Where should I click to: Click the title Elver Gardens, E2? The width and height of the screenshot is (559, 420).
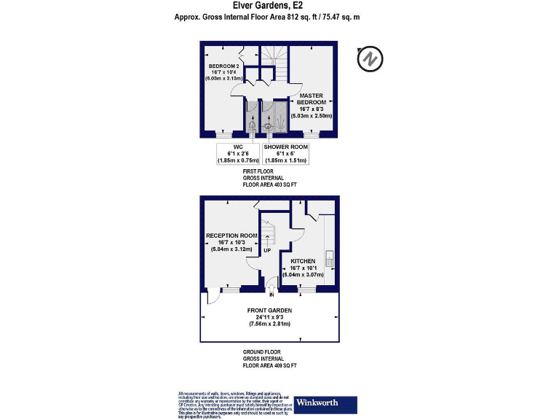[x=269, y=6]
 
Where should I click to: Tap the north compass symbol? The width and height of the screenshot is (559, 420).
[x=370, y=58]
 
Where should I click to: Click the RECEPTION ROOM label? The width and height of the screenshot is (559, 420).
[x=231, y=242]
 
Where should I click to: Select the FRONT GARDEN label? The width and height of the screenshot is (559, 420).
[x=269, y=316]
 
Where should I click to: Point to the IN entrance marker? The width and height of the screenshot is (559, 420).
[x=271, y=295]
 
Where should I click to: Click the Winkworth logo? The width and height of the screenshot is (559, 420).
[x=325, y=403]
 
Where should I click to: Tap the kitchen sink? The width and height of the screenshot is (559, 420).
[x=329, y=258]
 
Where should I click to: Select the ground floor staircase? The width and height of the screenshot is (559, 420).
[x=268, y=232]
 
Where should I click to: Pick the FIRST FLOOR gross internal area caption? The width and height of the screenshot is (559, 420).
[x=269, y=179]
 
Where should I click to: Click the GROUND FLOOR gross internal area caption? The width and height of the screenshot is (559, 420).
[x=270, y=358]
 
